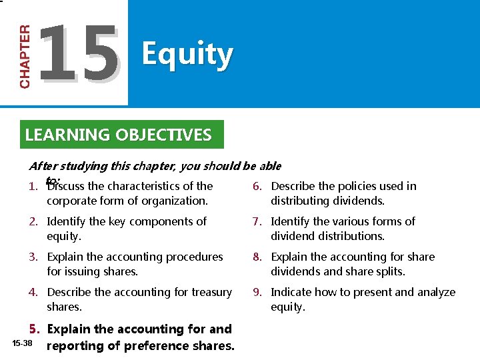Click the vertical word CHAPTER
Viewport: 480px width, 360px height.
pos(25,57)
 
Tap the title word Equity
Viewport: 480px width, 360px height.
pos(187,55)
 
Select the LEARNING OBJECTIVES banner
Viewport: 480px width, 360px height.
pos(118,135)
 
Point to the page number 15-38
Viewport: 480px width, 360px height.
pos(22,343)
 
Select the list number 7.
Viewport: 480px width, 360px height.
pos(257,221)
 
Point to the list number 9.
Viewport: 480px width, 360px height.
pos(257,292)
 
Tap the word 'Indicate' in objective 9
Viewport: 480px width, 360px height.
pos(292,292)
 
